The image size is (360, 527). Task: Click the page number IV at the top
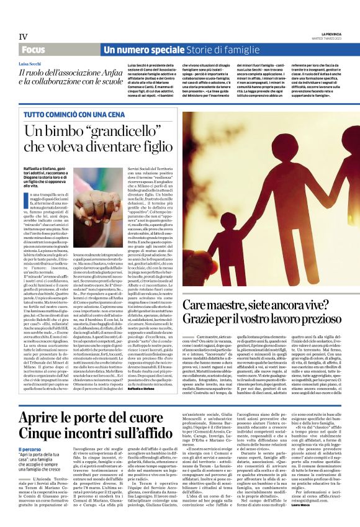point(24,37)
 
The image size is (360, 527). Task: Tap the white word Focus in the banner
point(34,50)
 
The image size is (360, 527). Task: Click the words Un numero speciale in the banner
point(135,50)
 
